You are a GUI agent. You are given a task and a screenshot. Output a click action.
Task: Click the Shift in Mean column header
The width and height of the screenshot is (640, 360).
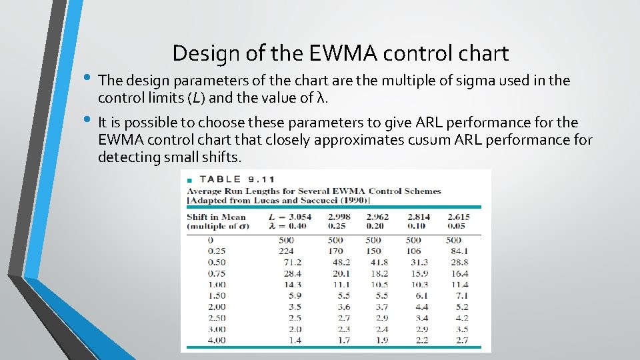pos(216,217)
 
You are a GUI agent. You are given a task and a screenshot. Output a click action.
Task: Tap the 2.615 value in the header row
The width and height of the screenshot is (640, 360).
pos(459,217)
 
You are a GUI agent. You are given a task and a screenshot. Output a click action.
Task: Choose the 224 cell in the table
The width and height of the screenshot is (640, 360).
pos(287,251)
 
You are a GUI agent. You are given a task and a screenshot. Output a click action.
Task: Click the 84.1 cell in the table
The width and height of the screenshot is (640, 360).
pos(459,251)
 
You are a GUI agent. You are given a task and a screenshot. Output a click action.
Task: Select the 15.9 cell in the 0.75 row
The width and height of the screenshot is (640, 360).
pos(420,273)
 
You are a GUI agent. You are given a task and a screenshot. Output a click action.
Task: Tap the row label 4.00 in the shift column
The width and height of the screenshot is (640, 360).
pos(216,341)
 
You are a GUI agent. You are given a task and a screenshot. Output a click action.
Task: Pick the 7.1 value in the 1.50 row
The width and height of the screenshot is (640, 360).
pos(461,296)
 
